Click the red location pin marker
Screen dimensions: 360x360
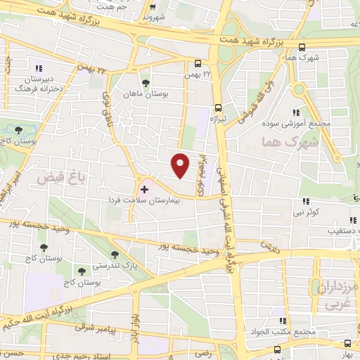click(181, 164)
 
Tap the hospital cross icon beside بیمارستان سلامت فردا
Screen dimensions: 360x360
click(145, 189)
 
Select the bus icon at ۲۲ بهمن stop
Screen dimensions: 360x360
click(196, 61)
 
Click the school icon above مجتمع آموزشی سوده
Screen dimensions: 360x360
click(297, 112)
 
